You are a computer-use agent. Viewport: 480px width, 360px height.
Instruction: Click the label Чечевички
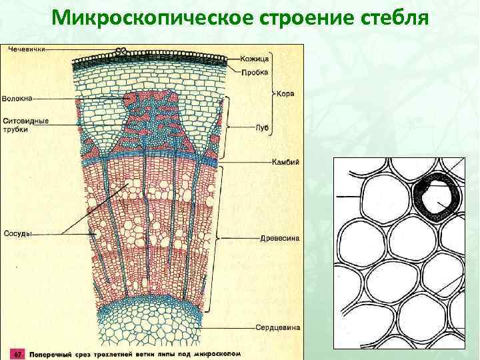[x=27, y=49]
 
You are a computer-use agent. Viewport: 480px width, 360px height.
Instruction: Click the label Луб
[x=261, y=127]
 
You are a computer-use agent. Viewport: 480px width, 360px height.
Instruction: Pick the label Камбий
[x=285, y=162]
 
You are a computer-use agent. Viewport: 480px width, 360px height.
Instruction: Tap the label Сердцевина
[x=277, y=327]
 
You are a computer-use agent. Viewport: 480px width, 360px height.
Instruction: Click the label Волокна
[x=17, y=99]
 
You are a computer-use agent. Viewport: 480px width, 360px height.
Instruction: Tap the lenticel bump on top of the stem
[x=121, y=51]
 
